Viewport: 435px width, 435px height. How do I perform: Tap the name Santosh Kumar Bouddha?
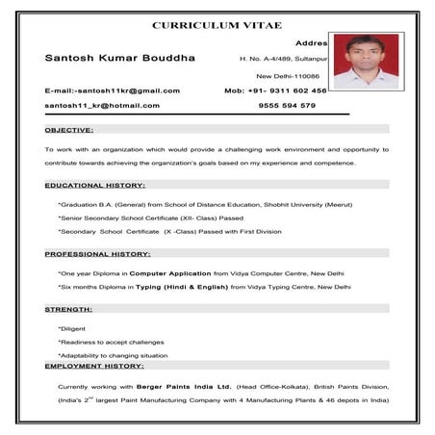120,58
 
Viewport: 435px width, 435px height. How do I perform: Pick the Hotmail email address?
102,105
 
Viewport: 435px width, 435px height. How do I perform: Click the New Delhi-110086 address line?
288,74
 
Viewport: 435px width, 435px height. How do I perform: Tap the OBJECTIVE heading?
69,129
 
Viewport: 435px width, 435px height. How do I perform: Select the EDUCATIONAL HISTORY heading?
94,184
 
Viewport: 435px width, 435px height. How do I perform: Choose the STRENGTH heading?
69,309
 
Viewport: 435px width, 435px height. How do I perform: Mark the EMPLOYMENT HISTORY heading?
94,366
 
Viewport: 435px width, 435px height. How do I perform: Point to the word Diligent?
72,329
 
